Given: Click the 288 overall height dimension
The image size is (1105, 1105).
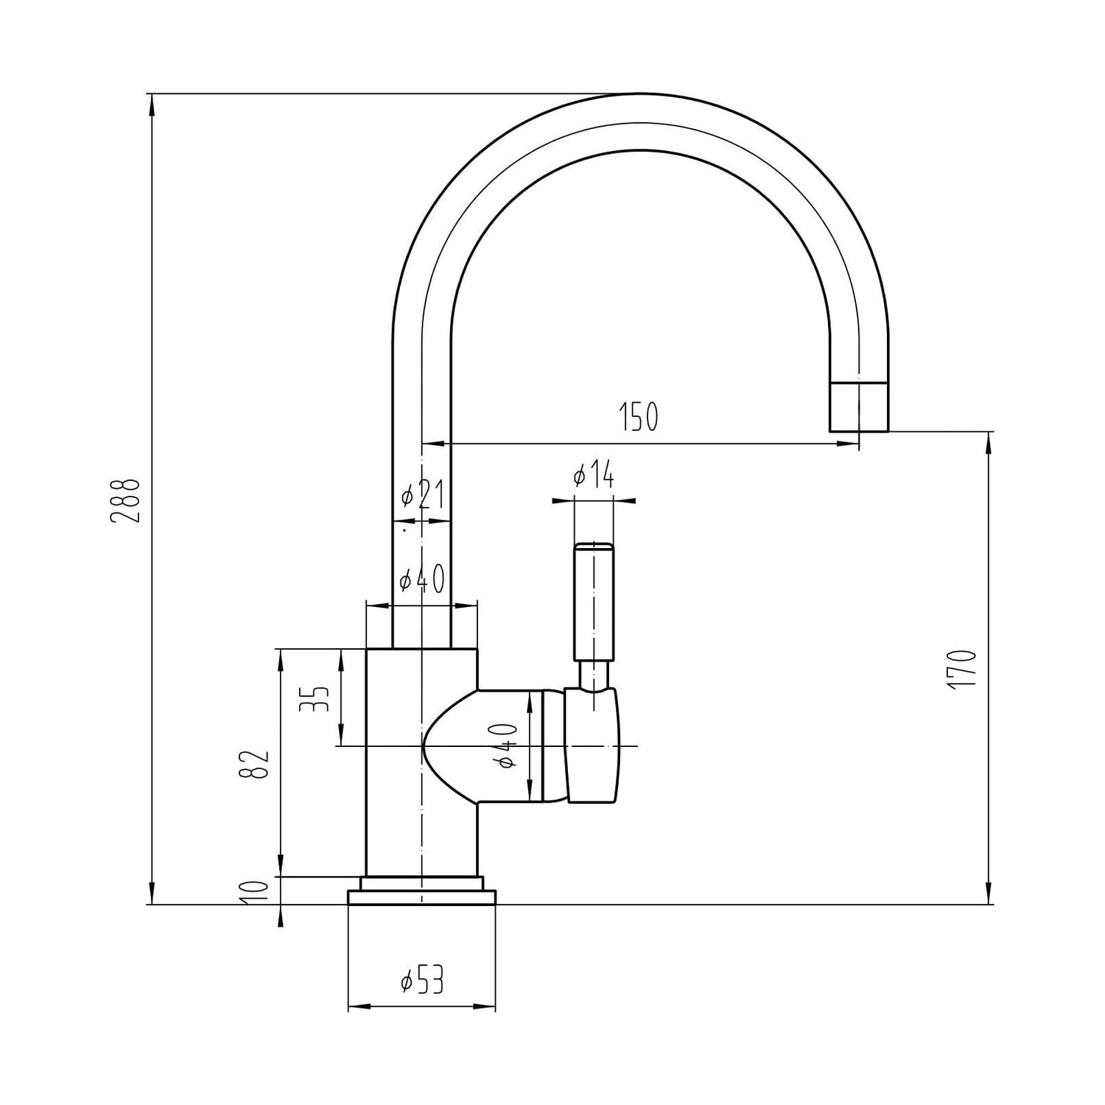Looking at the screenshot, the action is [125, 501].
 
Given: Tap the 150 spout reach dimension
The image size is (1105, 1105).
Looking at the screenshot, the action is [638, 417].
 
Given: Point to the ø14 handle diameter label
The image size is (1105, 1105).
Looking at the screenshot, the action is [593, 477].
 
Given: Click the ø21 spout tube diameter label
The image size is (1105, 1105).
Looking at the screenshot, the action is [423, 497].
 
